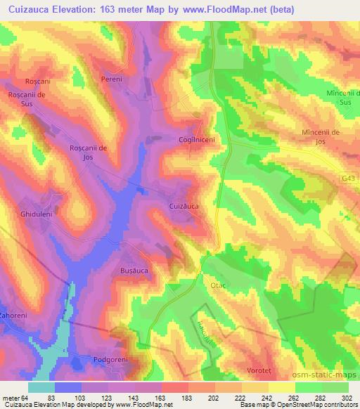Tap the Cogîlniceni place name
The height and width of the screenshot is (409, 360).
(196, 140)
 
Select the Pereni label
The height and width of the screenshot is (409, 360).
(111, 79)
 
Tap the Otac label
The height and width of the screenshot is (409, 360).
(216, 286)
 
